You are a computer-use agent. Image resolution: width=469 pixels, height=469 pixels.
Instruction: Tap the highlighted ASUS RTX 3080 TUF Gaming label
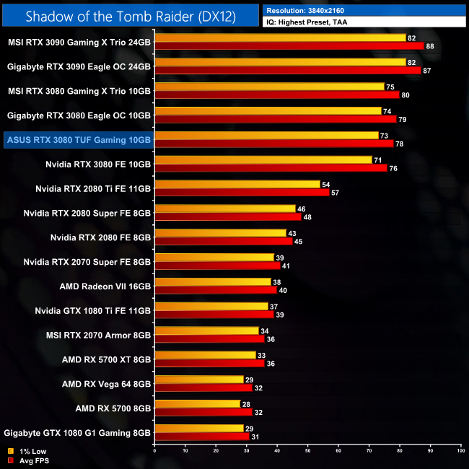click(x=78, y=139)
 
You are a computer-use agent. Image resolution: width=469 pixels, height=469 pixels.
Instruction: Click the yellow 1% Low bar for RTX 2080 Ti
click(x=237, y=184)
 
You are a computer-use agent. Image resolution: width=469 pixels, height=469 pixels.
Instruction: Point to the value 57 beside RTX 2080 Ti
click(x=334, y=193)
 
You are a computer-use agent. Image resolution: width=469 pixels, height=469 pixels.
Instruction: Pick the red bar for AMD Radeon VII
click(x=216, y=290)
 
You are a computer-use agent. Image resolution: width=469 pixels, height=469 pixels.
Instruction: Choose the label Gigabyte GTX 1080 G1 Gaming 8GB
click(x=78, y=433)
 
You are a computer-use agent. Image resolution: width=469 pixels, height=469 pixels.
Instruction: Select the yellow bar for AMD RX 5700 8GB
click(x=197, y=404)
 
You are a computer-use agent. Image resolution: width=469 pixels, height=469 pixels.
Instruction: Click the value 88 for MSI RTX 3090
click(x=431, y=46)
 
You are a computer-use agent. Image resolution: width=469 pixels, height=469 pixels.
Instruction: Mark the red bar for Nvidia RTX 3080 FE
click(x=271, y=168)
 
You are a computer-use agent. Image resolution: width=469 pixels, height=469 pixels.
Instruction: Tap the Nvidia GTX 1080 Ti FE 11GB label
click(x=93, y=310)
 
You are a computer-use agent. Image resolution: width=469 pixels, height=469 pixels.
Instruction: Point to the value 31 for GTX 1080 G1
click(x=255, y=437)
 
